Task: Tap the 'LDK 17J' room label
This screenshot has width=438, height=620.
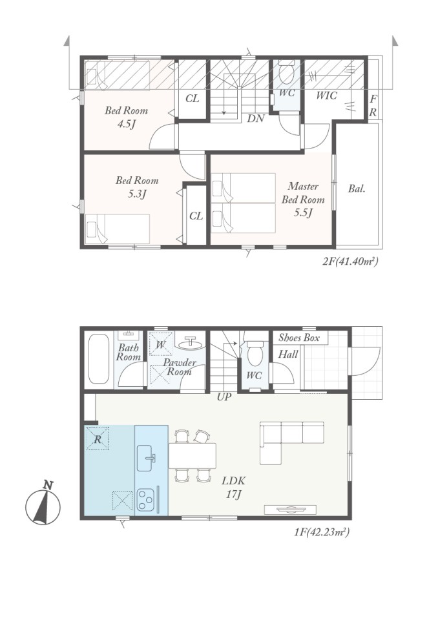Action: pyautogui.click(x=233, y=487)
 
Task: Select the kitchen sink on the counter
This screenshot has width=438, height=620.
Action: pyautogui.click(x=146, y=458)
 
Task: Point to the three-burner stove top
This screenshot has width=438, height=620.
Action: pyautogui.click(x=145, y=499)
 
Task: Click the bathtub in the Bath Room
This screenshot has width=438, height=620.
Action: pyautogui.click(x=99, y=359)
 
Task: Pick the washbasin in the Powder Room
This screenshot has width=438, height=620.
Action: pyautogui.click(x=191, y=343)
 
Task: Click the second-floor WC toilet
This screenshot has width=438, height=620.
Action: pyautogui.click(x=286, y=73)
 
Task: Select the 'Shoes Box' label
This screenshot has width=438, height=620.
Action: pyautogui.click(x=298, y=338)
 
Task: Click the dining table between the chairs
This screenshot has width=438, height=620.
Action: pyautogui.click(x=193, y=455)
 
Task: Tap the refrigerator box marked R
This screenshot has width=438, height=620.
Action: pyautogui.click(x=98, y=438)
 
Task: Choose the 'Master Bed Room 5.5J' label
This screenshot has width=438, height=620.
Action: pyautogui.click(x=303, y=200)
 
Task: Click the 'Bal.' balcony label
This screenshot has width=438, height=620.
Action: pyautogui.click(x=357, y=189)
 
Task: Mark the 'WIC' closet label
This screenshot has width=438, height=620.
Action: pyautogui.click(x=327, y=96)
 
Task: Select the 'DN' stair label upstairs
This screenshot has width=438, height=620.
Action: pyautogui.click(x=256, y=118)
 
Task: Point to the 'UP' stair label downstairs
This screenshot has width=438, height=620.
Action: pyautogui.click(x=224, y=397)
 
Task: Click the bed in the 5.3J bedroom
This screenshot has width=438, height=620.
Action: pyautogui.click(x=118, y=229)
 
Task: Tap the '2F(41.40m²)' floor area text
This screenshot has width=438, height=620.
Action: pyautogui.click(x=349, y=261)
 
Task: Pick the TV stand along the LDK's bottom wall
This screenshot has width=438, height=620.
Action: pyautogui.click(x=290, y=510)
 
